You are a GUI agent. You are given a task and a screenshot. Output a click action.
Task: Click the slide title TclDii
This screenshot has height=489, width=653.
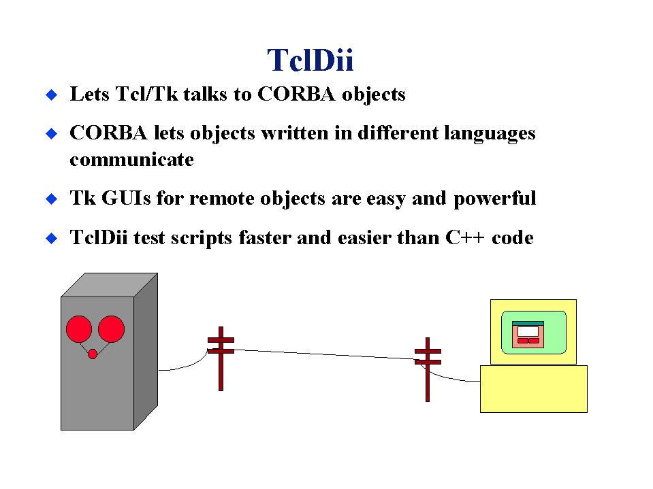pos(310,61)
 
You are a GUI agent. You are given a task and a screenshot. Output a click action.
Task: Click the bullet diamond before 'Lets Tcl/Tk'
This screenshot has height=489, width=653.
pos(51,95)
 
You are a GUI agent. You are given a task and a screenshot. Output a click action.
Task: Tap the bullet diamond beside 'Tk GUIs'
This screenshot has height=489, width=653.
pos(51,199)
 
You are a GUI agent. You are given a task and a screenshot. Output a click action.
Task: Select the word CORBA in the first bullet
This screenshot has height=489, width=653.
pos(296,94)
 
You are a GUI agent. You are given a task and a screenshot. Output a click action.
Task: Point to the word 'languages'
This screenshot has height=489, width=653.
pos(490,134)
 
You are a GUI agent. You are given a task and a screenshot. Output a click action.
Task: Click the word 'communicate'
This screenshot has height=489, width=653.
pos(131,160)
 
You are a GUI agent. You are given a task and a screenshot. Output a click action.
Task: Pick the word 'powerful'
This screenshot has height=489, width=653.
pos(494,199)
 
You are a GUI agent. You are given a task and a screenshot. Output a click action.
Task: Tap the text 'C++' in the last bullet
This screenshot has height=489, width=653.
pos(465,238)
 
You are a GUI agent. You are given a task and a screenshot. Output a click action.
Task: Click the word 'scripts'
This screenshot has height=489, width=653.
pos(201,239)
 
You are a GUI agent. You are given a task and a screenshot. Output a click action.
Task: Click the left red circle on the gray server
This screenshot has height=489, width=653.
pos(79,329)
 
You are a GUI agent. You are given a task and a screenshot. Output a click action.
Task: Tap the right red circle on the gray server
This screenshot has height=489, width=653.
pos(111,329)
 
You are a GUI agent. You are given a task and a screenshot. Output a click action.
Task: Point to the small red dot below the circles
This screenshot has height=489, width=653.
pos(93,354)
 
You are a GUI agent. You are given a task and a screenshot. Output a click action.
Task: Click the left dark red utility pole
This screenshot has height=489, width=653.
pos(221,358)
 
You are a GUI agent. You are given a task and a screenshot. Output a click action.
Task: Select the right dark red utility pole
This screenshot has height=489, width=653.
pos(428,369)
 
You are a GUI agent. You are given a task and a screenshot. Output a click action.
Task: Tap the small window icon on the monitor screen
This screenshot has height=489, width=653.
pos(528,335)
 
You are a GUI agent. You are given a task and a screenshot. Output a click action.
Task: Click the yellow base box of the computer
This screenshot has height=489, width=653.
pos(533,389)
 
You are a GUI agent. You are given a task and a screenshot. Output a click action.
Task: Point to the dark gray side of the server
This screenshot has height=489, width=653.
pos(146,352)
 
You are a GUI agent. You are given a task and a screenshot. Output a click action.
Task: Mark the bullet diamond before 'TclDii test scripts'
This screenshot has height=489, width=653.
pos(51,239)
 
